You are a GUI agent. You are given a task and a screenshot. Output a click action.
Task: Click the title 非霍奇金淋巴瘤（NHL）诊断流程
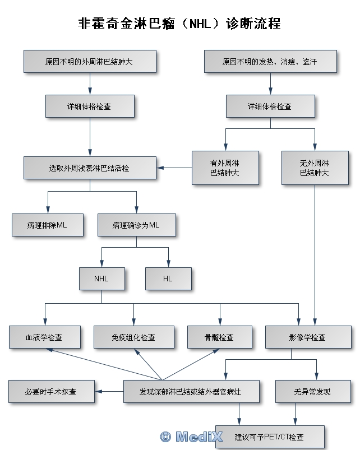pos(179,24)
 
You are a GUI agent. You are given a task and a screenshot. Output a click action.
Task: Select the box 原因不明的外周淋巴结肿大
pos(90,61)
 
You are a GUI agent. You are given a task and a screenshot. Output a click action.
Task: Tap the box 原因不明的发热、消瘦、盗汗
pos(270,61)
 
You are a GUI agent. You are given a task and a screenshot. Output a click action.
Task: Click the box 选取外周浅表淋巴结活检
pos(90,168)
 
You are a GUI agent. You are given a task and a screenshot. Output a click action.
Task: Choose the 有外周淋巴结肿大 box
pos(225,168)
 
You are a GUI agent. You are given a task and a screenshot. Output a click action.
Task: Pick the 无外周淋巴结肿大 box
pos(315,168)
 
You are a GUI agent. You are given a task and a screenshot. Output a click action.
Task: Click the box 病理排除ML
pos(47,225)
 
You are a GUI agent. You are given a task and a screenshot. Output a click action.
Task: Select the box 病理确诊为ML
pos(136,225)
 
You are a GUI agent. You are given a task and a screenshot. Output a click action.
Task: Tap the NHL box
pos(101,279)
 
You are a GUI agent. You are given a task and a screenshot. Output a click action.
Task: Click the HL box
pos(168,279)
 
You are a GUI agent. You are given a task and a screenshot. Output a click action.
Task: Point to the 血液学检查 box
pos(44,337)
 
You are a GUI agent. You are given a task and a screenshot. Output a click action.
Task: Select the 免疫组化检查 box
pos(133,337)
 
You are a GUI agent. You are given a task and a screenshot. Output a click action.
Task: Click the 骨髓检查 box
pos(219,337)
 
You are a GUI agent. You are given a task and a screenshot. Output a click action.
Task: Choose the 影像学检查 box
pos(307,337)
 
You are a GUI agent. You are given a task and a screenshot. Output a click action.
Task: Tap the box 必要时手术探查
pos(51,391)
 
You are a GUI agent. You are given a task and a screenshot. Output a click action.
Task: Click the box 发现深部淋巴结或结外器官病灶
pos(191,391)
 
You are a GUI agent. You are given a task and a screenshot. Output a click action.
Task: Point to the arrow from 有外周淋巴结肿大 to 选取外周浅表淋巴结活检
pos(174,168)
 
